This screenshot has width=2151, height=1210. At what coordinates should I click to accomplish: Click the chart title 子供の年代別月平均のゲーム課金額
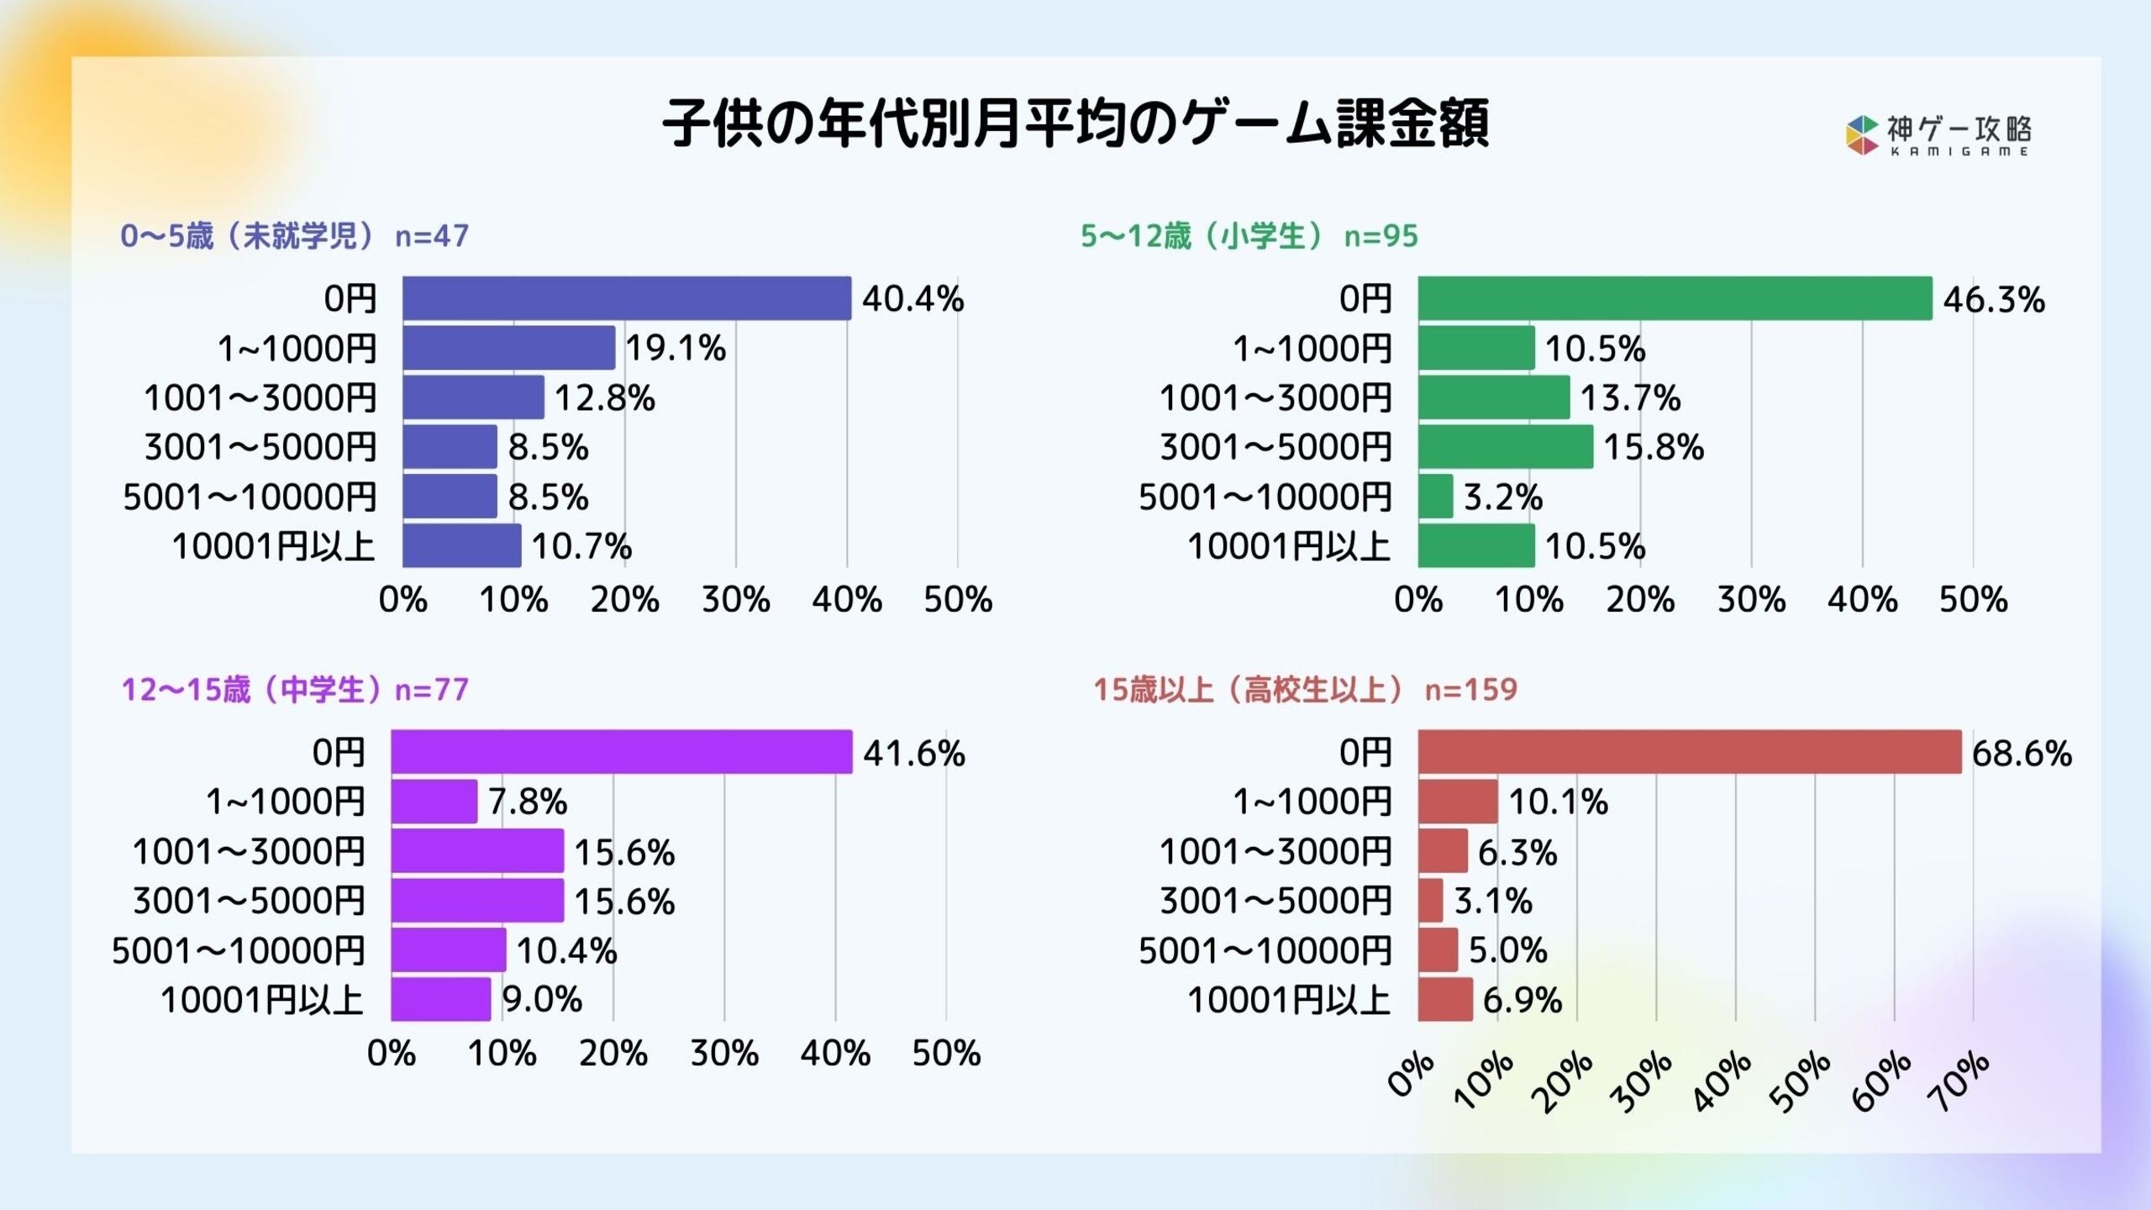coord(1075,124)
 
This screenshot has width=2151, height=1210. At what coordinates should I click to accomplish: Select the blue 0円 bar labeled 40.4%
coord(626,298)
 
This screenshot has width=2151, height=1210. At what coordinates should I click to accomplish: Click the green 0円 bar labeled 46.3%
coord(1675,298)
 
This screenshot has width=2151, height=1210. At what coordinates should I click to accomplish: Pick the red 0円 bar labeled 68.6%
coord(1689,752)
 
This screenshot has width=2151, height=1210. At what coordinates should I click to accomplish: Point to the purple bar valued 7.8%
coord(434,802)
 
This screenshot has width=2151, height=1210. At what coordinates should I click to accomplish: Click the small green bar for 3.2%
coord(1435,497)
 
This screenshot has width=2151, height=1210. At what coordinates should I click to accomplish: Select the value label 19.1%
coord(676,348)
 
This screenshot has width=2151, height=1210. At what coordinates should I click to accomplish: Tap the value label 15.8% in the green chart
coord(1653,447)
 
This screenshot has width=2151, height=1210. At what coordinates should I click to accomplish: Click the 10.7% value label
coord(581,547)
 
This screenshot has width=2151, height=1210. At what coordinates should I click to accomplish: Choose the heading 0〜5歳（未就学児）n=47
coord(294,236)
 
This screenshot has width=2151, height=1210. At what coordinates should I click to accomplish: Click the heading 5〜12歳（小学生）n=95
coord(1249,236)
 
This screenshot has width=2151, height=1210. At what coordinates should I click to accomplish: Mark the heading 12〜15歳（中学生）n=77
coord(294,690)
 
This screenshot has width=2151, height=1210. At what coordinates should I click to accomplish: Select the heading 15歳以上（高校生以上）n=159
coord(1304,690)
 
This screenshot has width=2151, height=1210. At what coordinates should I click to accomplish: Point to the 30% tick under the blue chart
coord(735,600)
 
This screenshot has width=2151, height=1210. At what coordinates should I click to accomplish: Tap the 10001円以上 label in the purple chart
coord(262,1000)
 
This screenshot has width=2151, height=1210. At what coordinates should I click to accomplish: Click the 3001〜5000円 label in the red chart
coord(1275,901)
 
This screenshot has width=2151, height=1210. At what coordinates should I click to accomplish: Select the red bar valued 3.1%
coord(1430,901)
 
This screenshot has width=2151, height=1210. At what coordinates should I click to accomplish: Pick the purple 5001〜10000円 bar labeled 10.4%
coord(448,950)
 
